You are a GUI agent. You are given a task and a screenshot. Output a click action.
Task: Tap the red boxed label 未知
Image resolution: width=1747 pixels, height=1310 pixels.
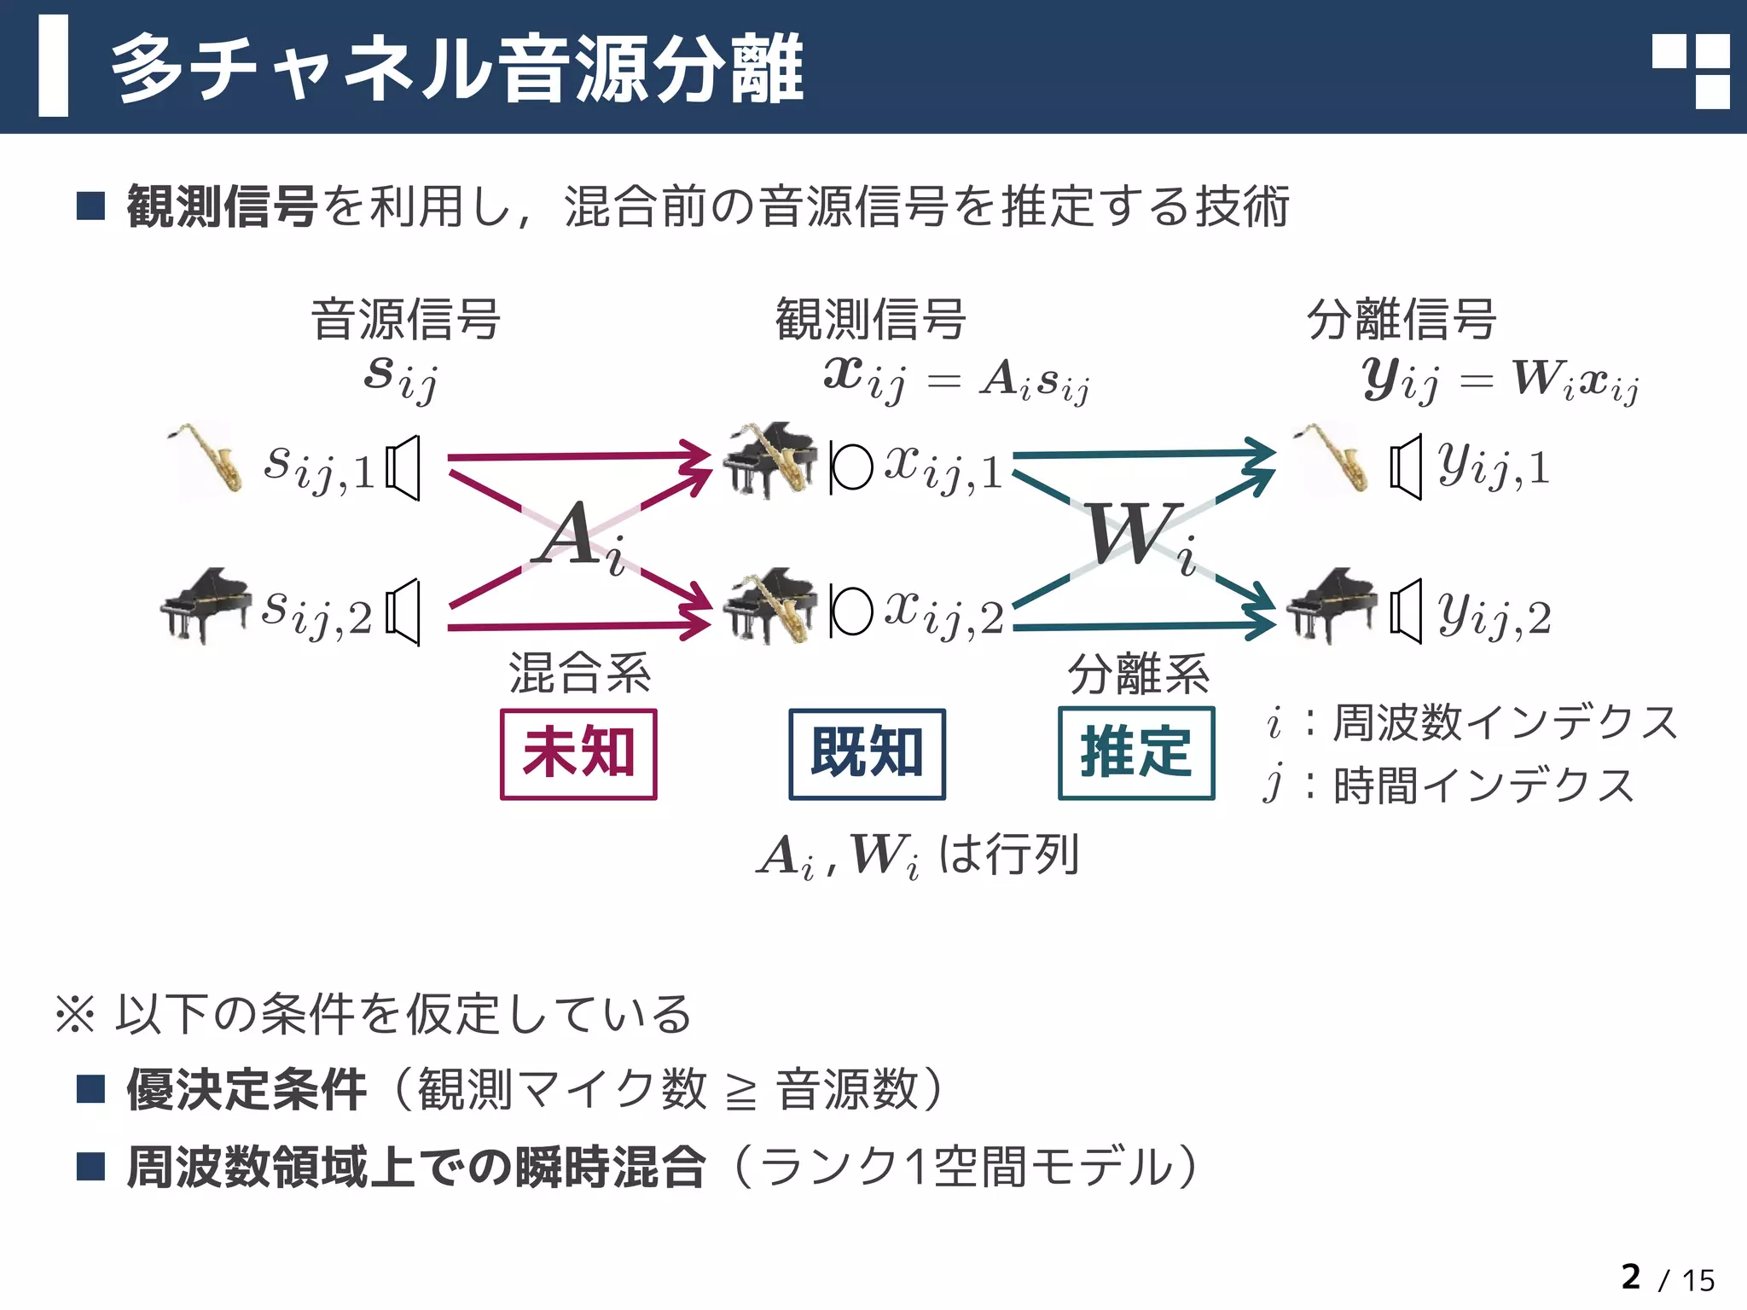point(578,754)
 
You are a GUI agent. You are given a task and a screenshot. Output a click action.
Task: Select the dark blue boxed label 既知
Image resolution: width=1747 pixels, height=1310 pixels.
point(867,754)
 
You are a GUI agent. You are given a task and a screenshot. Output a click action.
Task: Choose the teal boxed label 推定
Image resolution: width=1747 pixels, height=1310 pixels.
point(1135,753)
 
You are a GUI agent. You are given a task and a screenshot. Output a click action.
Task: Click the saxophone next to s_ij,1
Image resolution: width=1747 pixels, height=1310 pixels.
point(206,458)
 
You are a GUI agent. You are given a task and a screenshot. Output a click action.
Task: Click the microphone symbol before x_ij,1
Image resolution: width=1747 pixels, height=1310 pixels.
point(850,467)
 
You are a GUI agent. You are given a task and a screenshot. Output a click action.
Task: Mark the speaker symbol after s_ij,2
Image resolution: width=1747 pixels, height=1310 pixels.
point(403,612)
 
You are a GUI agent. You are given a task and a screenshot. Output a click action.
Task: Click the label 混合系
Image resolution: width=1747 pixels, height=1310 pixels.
point(579,673)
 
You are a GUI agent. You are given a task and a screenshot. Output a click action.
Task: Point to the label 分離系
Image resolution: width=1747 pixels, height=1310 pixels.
point(1138,673)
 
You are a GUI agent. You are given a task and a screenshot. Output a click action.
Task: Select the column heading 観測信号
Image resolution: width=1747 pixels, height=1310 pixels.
point(869,319)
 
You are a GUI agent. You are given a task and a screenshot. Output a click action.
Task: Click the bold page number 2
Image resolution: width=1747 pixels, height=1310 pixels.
point(1630,1277)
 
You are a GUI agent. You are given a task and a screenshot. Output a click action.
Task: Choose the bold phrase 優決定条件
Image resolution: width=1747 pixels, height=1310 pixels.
point(247,1090)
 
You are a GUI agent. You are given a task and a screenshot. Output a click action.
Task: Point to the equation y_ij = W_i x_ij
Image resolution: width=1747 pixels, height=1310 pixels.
point(1500,379)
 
